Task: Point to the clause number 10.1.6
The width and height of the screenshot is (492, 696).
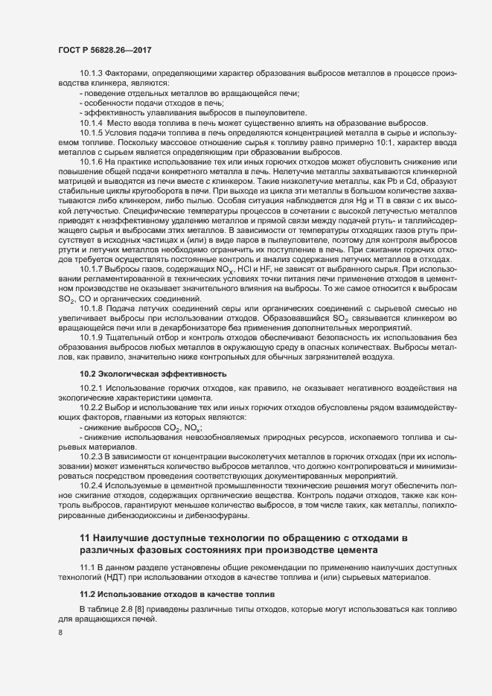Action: pos(91,162)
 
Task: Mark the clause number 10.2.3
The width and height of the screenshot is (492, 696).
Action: pos(91,455)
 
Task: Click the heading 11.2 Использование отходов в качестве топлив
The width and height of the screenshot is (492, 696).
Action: pos(177,596)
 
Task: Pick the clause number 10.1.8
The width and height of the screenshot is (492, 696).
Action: pos(91,307)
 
